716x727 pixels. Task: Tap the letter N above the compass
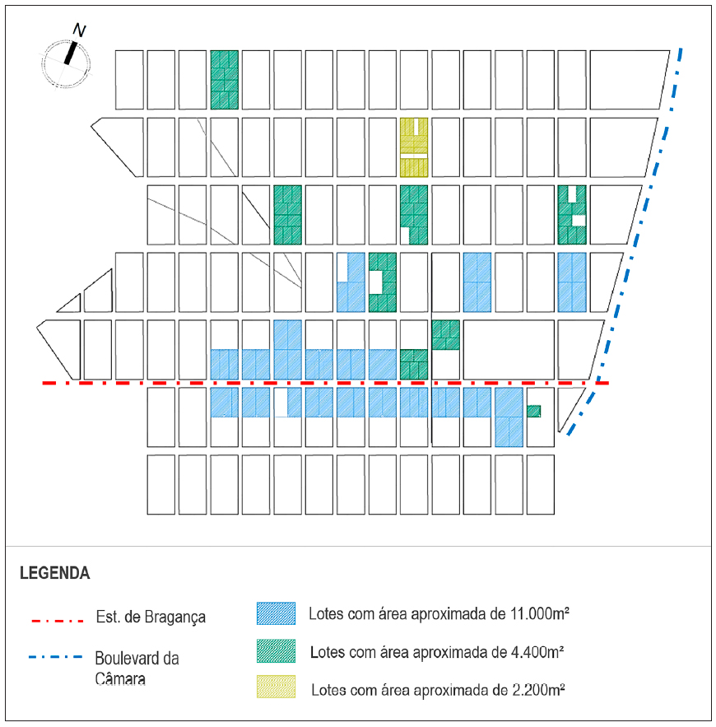pos(80,30)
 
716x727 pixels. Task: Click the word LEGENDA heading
pos(55,573)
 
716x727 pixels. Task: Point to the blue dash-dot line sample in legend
pos(57,657)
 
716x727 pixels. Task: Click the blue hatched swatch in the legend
pos(276,613)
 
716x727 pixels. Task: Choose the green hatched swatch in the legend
pos(276,650)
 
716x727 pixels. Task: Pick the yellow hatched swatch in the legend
pos(276,687)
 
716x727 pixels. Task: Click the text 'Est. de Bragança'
pos(150,617)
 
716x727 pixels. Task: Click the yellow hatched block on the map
pos(414,147)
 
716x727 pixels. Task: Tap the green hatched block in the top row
pos(224,80)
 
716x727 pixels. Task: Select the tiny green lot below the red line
pos(533,411)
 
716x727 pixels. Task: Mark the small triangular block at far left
pos(70,303)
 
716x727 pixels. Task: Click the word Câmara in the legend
pos(119,679)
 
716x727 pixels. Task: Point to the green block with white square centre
pos(383,282)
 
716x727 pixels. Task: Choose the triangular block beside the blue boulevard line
pos(567,406)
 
